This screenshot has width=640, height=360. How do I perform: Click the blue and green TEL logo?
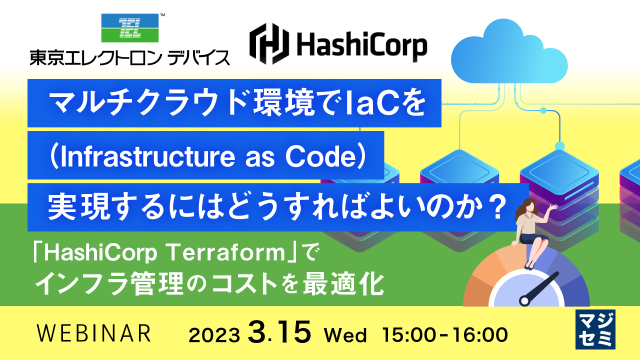130,28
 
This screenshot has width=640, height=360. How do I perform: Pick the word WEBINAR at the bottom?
94,333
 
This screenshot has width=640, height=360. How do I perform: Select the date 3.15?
279,332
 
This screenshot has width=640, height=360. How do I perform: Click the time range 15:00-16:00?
444,334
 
